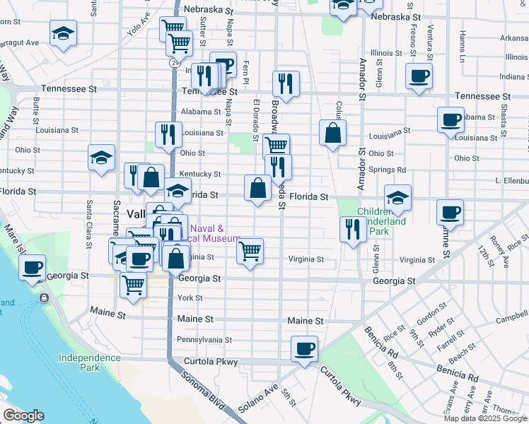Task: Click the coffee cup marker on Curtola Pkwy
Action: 304,349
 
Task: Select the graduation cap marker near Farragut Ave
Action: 64,33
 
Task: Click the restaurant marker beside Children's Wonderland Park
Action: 351,229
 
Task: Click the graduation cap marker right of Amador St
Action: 398,199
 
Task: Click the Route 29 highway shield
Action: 173,62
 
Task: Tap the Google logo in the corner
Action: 23,416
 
